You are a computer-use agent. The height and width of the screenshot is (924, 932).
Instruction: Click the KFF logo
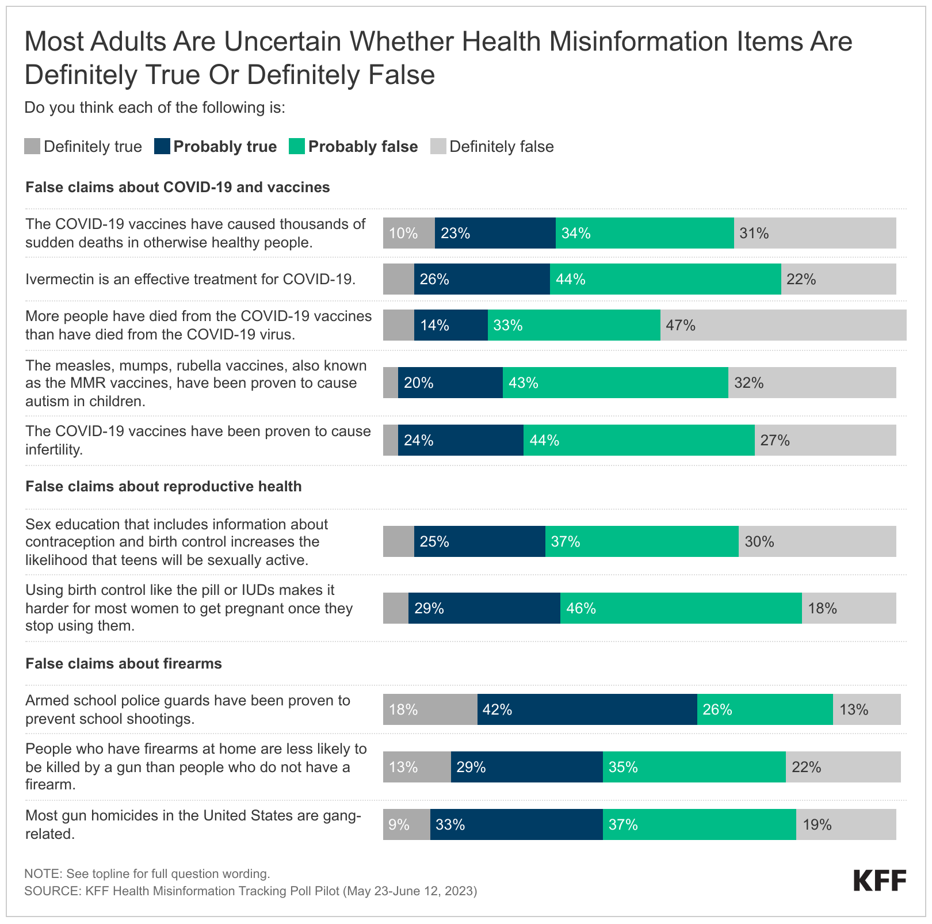pos(879,881)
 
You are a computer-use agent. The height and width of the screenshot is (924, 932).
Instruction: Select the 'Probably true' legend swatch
pos(162,147)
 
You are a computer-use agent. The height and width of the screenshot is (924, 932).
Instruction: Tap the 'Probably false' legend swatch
pos(297,147)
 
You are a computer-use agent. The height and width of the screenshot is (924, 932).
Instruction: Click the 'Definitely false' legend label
pos(501,147)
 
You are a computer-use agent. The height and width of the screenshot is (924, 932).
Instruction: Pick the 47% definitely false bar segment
pos(783,325)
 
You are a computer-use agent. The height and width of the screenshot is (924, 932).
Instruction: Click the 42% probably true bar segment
pos(587,709)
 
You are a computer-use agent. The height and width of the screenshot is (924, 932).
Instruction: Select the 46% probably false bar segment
pos(681,608)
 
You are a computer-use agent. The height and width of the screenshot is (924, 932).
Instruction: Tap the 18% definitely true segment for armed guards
pos(430,709)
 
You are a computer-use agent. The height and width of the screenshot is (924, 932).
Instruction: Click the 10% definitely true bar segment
pos(408,233)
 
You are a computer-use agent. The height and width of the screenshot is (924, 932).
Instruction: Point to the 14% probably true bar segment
pos(450,325)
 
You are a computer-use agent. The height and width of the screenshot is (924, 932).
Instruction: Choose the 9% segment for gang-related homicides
pos(406,824)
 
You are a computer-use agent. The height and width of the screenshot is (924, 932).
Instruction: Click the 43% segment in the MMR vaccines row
pos(615,383)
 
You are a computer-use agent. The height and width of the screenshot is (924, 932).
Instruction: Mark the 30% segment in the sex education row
pos(817,541)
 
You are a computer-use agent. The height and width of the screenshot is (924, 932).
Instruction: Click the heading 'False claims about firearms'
pos(124,663)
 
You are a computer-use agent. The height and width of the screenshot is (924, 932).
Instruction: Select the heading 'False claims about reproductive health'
pos(163,486)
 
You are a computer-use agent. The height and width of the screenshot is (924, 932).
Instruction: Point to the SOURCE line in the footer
pos(250,891)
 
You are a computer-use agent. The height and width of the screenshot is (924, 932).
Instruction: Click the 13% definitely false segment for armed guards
pos(866,709)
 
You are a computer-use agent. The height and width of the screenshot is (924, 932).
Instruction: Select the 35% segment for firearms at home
pos(694,767)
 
